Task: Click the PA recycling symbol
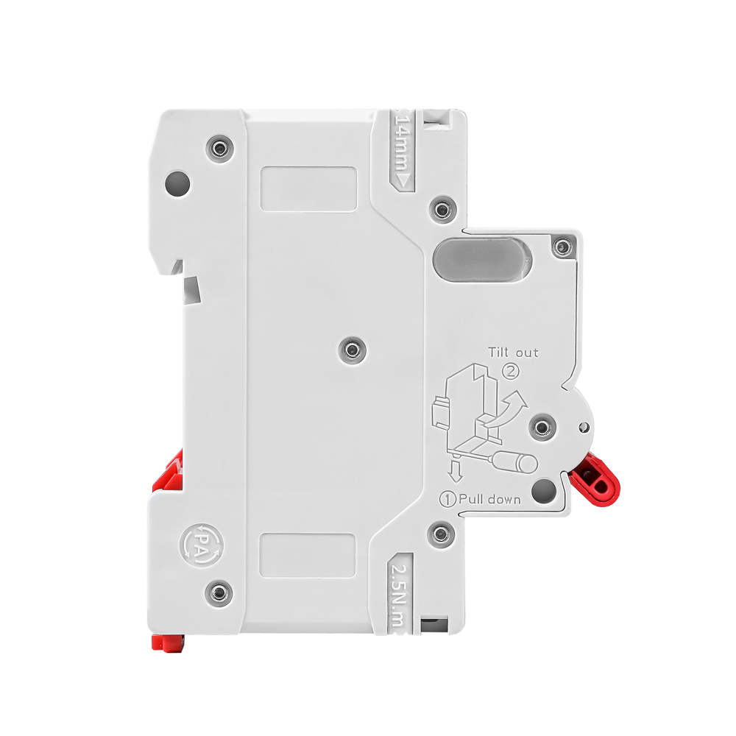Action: tap(201, 545)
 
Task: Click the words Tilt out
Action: tap(513, 353)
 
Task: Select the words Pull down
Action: tap(489, 499)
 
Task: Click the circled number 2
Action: tap(512, 371)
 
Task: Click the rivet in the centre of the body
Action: tap(352, 350)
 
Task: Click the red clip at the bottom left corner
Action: tap(167, 642)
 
